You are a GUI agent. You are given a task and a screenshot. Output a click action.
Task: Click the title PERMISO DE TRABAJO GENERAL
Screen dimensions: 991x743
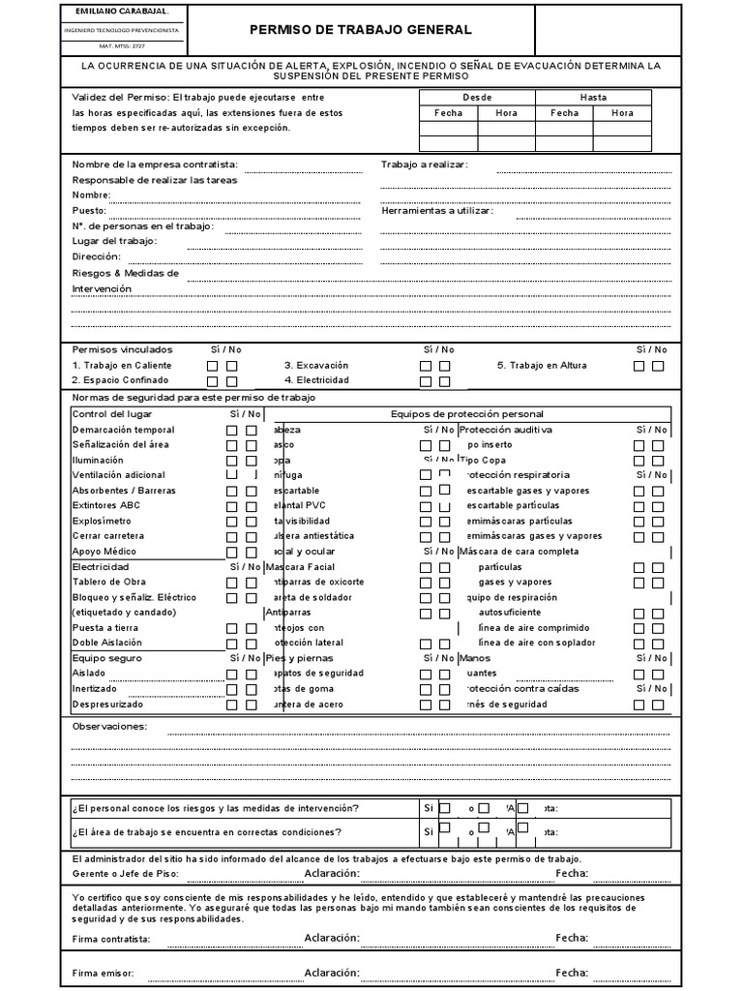361,31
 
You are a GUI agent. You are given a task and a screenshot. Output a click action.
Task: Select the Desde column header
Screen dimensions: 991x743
477,98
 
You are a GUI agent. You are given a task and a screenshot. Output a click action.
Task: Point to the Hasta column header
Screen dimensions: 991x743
593,98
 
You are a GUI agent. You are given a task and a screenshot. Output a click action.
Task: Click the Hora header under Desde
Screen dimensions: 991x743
506,113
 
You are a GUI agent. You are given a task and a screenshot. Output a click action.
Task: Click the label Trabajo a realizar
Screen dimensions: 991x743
424,165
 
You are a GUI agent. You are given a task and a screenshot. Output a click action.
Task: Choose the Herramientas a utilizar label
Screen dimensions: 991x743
436,211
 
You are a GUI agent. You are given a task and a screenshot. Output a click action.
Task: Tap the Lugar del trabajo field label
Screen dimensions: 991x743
114,241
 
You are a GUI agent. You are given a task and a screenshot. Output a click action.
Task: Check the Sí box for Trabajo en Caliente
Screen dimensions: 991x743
213,366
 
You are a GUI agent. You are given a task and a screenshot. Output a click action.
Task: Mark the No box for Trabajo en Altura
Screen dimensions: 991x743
658,366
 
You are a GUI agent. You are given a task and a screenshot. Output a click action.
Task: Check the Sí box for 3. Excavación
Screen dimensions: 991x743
426,366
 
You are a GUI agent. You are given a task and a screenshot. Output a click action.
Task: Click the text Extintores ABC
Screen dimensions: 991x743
105,505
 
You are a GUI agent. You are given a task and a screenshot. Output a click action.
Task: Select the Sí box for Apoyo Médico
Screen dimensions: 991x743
232,552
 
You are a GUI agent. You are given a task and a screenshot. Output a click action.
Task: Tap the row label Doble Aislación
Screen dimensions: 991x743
107,643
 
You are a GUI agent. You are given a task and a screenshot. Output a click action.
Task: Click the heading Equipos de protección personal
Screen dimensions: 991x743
466,414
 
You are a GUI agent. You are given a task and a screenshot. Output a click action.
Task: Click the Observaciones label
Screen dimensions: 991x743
109,726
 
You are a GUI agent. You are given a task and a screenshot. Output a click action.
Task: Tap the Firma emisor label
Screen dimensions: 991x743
103,973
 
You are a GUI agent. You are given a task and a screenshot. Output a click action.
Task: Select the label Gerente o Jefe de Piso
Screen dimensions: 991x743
126,874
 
